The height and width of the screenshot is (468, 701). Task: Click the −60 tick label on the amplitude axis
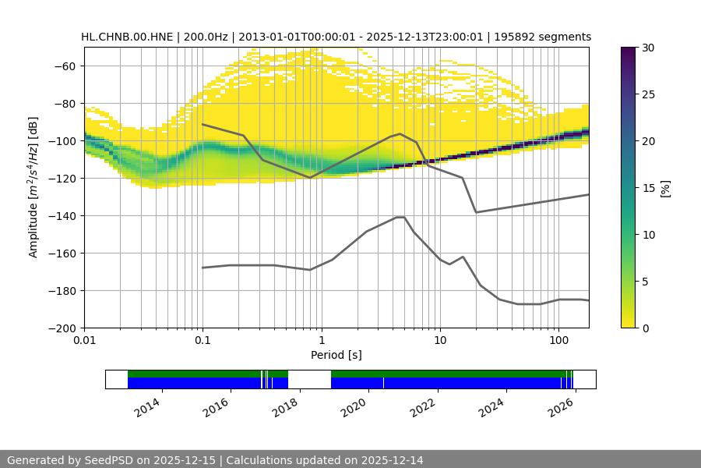[x=63, y=66]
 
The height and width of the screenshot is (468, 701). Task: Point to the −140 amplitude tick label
[x=61, y=215]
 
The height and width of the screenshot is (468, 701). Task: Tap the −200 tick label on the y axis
[x=61, y=328]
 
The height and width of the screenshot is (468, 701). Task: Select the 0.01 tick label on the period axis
[x=84, y=341]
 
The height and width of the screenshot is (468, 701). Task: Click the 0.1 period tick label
[x=203, y=341]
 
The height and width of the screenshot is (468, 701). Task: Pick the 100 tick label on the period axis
[x=558, y=341]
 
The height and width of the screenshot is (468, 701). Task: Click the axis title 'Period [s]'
[x=336, y=355]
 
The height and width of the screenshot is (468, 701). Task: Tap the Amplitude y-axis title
[x=33, y=187]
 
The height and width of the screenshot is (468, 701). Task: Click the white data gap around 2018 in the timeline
[x=309, y=379]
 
